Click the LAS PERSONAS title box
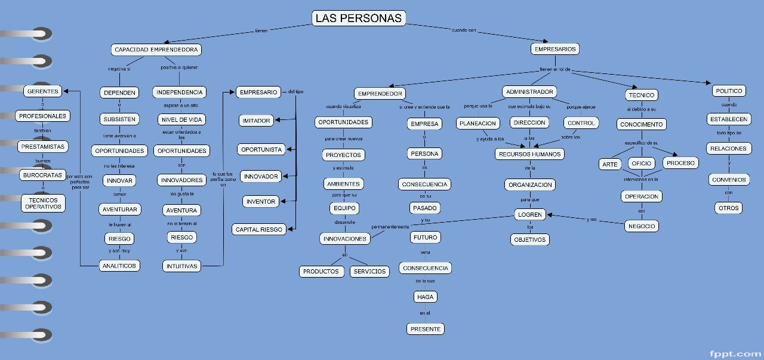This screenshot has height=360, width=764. (x=359, y=18)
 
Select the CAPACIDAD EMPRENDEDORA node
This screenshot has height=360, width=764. (x=156, y=50)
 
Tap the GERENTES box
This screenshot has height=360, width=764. (x=43, y=91)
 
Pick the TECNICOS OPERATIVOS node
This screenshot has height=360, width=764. (x=43, y=203)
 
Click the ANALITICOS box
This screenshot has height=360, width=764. (x=119, y=266)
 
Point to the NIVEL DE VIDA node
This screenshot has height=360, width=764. (x=181, y=119)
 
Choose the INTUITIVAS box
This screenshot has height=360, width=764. (x=182, y=266)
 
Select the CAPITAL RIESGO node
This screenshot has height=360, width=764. (x=259, y=229)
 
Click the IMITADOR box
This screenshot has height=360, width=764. (x=256, y=121)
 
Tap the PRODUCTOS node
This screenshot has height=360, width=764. (x=321, y=271)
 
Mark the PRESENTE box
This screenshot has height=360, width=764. (x=426, y=328)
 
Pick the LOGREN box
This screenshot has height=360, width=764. (x=530, y=214)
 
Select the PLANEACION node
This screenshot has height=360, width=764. (x=478, y=123)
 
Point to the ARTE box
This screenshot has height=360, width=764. (x=610, y=164)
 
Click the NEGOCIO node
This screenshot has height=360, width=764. (x=642, y=226)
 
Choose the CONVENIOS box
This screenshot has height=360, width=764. (x=729, y=179)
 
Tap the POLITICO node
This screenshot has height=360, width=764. (x=729, y=91)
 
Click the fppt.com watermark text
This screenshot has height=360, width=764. (x=735, y=353)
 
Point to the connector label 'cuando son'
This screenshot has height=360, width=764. (x=464, y=30)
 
